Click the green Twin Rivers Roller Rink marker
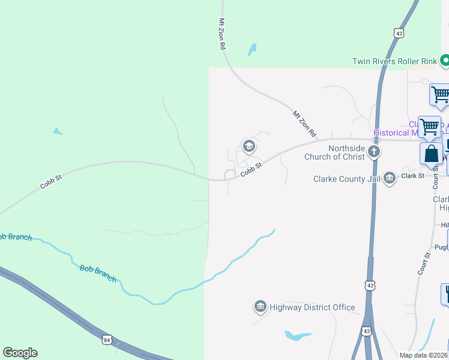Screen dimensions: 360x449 445,61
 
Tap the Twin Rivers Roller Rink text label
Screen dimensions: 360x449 394,61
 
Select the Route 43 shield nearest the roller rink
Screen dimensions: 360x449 399,34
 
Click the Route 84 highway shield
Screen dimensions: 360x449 107,340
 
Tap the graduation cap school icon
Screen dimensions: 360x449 249,146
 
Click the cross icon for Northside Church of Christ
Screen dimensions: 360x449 374,151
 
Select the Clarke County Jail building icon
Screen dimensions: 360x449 390,178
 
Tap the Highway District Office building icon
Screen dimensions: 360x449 260,307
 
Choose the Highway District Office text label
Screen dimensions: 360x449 312,307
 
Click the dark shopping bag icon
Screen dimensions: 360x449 432,154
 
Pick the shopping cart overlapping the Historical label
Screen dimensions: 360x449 429,127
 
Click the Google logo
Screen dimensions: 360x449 20,353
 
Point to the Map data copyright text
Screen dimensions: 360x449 424,355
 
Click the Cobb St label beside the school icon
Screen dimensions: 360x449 252,170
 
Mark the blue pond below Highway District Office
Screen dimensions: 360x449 298,335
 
